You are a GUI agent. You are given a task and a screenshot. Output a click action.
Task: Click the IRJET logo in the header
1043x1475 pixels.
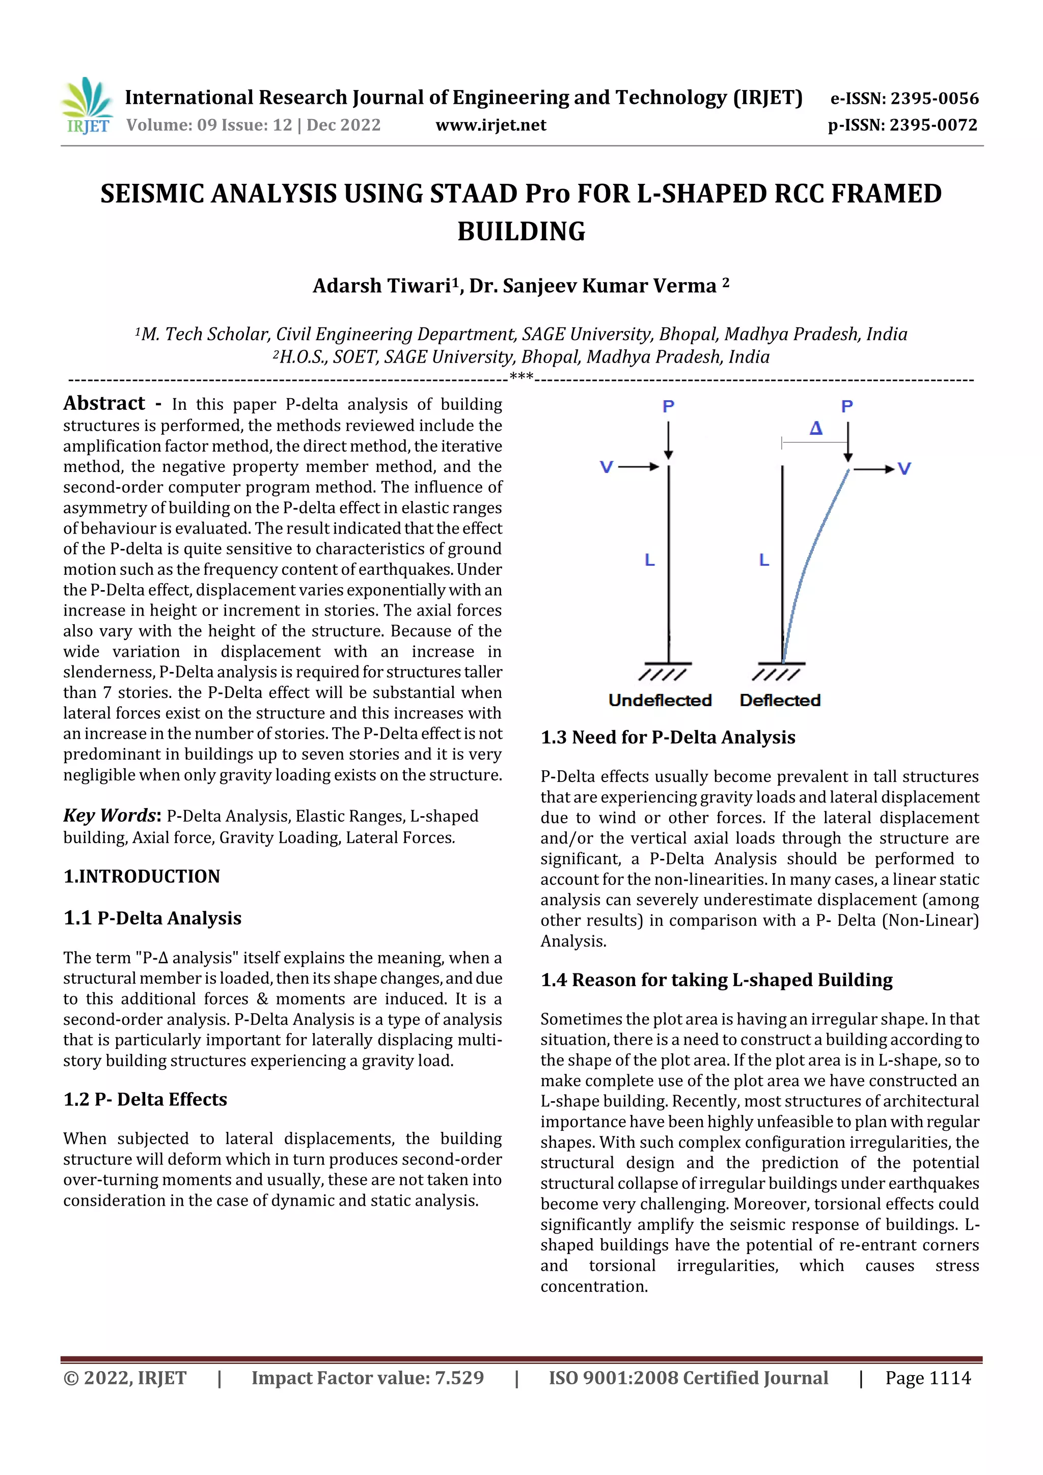pos(87,106)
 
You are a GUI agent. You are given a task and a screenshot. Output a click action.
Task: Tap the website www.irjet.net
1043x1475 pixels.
pos(490,125)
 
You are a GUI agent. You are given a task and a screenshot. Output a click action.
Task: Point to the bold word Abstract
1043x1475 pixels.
pos(104,403)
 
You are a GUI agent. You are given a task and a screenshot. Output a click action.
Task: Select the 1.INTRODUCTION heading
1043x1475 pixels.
pos(142,876)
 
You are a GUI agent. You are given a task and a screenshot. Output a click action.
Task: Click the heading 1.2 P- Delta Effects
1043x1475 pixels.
pos(145,1099)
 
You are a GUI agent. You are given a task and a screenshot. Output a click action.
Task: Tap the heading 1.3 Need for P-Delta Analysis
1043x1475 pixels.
pos(668,737)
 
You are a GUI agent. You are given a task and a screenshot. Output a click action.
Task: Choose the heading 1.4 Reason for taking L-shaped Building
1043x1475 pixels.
pos(717,980)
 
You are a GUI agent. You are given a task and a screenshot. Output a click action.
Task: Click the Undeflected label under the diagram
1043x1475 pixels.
pos(660,700)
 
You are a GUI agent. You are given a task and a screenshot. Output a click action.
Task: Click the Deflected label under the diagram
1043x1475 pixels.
pos(780,700)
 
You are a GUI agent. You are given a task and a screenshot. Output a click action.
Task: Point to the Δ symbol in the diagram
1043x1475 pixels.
pos(815,428)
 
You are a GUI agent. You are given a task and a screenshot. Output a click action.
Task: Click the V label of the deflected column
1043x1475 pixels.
pos(903,469)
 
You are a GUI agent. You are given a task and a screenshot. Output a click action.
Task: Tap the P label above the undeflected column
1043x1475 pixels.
pos(668,406)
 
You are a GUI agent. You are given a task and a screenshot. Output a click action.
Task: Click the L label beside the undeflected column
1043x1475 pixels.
pos(650,560)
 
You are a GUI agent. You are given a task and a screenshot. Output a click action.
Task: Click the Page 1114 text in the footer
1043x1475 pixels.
pos(927,1378)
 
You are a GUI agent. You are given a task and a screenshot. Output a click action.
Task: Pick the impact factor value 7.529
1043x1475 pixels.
pos(459,1378)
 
